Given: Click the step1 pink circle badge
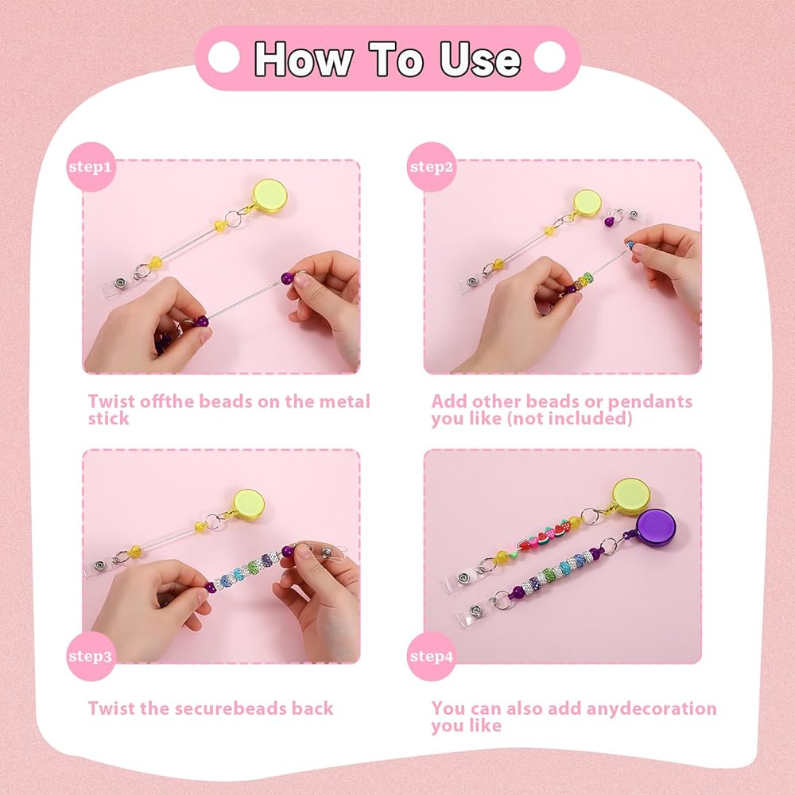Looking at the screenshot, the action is click(91, 167).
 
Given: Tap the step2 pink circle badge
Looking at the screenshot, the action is click(432, 167).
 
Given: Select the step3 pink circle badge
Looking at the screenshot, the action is click(91, 656).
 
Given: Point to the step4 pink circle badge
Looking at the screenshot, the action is click(432, 656).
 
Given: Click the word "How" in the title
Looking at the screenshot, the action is click(303, 60).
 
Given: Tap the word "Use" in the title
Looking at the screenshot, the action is click(480, 60).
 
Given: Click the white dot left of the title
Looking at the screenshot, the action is click(223, 57).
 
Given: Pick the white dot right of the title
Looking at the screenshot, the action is click(550, 57).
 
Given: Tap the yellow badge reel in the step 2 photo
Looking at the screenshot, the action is click(588, 204).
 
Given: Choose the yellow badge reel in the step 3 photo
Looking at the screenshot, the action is click(248, 504).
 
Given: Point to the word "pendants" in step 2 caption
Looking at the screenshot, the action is click(650, 402).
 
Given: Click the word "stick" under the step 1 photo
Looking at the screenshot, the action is click(108, 419).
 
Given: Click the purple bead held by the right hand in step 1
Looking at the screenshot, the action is click(288, 277).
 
